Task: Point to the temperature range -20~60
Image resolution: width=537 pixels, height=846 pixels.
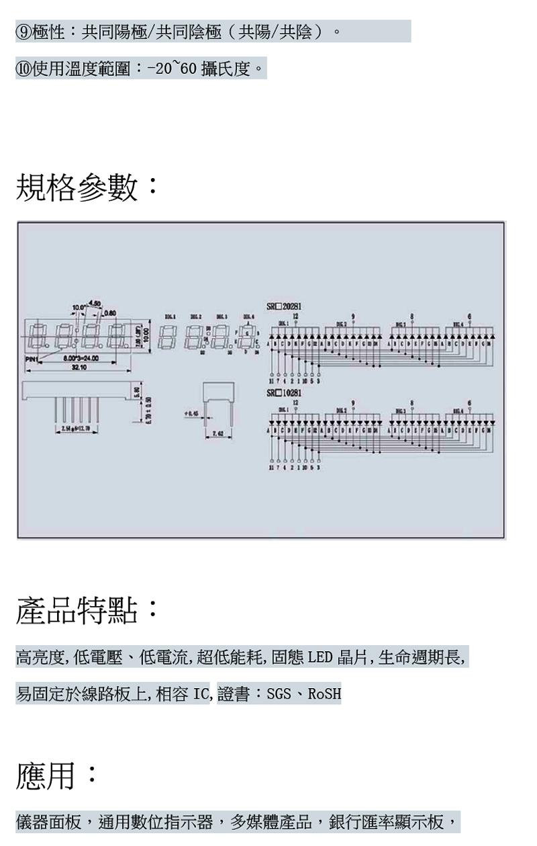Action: point(172,69)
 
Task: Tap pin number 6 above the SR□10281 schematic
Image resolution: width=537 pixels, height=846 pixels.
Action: point(469,400)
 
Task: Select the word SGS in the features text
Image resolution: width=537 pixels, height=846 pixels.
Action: point(279,693)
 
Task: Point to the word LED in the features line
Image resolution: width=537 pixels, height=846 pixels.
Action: point(320,657)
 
